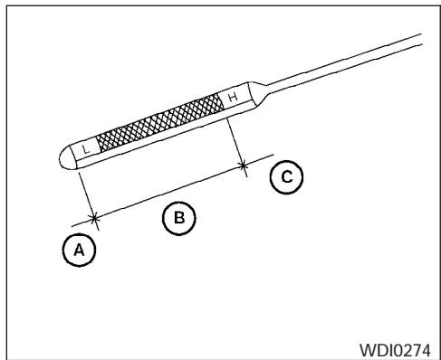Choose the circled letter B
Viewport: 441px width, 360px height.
(x=178, y=216)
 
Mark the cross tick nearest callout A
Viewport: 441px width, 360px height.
(x=94, y=217)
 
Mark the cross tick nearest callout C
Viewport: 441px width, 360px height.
(x=244, y=165)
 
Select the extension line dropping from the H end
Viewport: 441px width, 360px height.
(x=235, y=139)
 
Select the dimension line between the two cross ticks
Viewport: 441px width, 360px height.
(x=168, y=191)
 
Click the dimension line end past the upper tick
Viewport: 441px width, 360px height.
(x=262, y=158)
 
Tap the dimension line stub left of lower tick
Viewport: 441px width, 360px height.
(x=81, y=222)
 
